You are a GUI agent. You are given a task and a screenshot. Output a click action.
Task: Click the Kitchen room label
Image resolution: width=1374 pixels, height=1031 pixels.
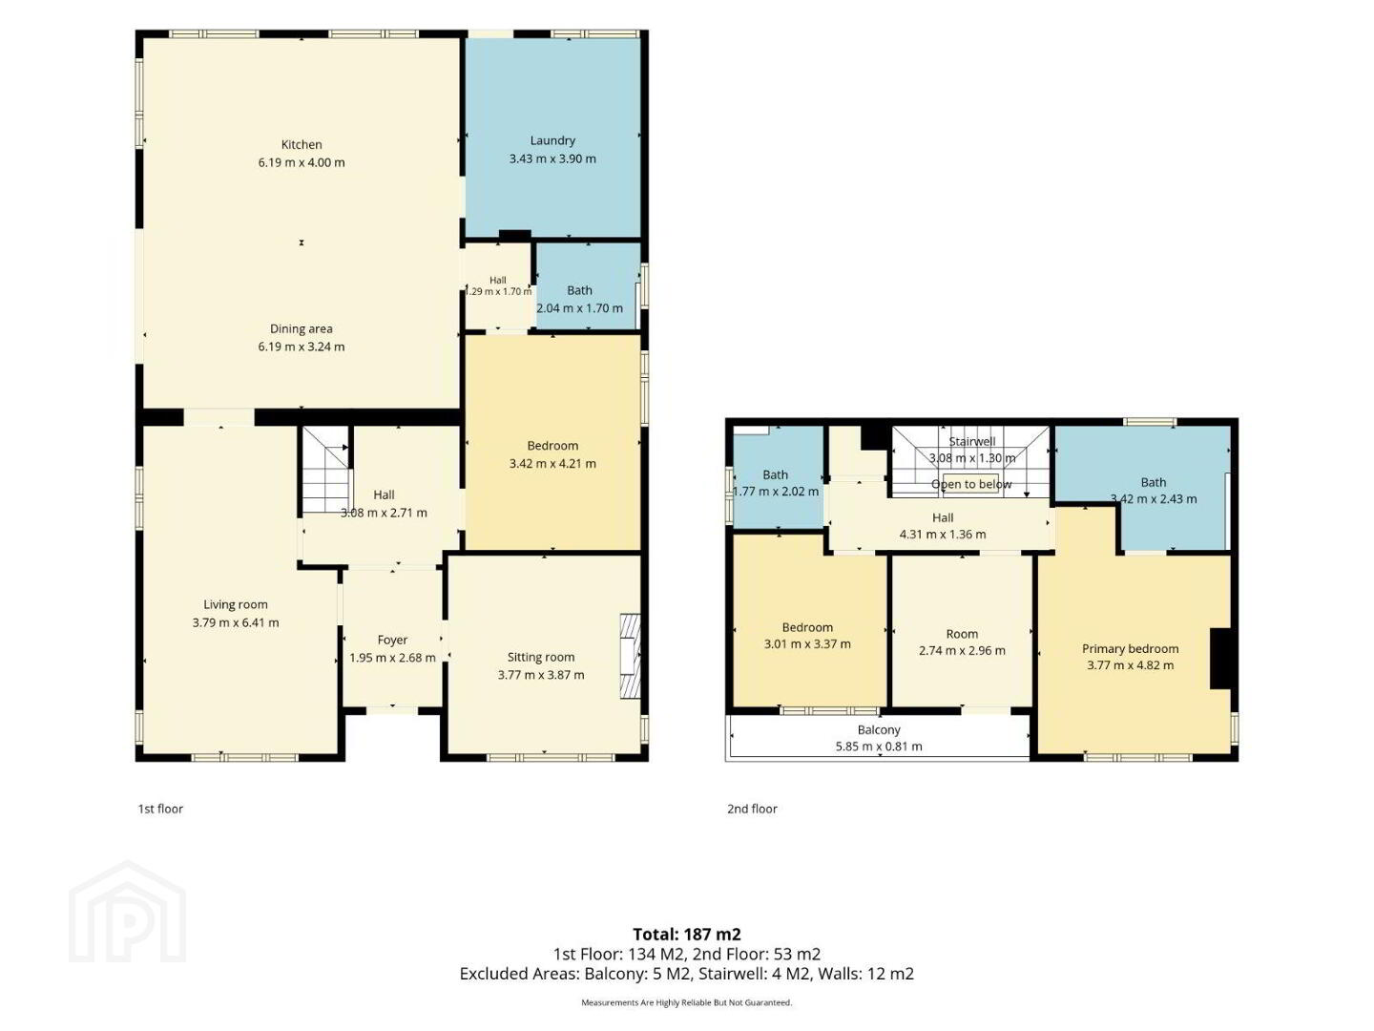pyautogui.click(x=302, y=144)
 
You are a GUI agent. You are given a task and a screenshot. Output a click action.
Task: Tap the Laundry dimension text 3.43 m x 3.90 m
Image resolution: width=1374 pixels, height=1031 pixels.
pyautogui.click(x=552, y=159)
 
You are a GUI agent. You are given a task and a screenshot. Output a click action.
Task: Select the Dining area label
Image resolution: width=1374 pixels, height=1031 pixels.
pyautogui.click(x=302, y=328)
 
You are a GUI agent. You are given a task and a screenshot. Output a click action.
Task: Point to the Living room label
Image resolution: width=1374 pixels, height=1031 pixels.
pyautogui.click(x=236, y=604)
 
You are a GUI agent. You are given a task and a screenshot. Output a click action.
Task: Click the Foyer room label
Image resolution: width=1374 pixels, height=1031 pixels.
pyautogui.click(x=392, y=640)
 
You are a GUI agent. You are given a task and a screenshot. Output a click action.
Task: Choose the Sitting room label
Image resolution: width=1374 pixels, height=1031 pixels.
pyautogui.click(x=541, y=658)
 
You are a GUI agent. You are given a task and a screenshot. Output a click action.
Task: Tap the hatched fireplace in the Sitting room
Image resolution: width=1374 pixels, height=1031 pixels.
pyautogui.click(x=630, y=656)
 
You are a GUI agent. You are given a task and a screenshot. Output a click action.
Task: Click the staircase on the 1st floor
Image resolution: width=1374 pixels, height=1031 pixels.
pyautogui.click(x=325, y=470)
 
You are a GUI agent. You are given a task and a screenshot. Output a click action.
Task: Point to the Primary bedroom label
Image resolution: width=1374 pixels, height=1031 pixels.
pyautogui.click(x=1130, y=648)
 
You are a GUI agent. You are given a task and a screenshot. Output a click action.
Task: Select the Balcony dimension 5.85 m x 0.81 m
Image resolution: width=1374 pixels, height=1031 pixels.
pyautogui.click(x=879, y=747)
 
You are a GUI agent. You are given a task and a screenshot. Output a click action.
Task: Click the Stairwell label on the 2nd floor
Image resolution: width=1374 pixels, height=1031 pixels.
pyautogui.click(x=971, y=441)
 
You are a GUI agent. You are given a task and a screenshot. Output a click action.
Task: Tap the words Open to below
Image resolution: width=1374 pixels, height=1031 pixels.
pyautogui.click(x=971, y=484)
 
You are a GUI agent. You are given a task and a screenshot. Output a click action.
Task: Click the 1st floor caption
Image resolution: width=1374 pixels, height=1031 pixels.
pyautogui.click(x=160, y=809)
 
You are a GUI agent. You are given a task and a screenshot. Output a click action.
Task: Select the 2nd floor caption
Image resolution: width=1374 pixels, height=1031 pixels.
pyautogui.click(x=752, y=809)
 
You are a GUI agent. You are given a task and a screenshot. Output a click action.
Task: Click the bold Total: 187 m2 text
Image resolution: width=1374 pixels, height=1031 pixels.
pyautogui.click(x=687, y=935)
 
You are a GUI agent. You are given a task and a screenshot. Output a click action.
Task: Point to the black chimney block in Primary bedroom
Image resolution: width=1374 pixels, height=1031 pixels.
pyautogui.click(x=1220, y=659)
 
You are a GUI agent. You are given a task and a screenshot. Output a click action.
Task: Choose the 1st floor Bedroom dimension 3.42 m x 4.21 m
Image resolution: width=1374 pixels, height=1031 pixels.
pyautogui.click(x=552, y=464)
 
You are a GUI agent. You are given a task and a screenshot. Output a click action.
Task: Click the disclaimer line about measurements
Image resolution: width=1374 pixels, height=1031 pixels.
pyautogui.click(x=687, y=1002)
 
